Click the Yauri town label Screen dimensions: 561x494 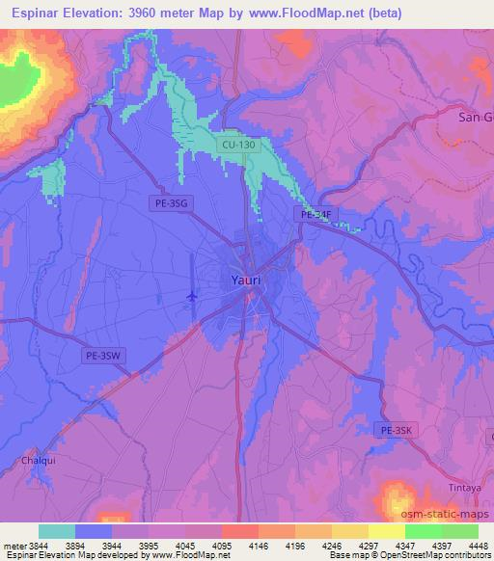pyautogui.click(x=246, y=280)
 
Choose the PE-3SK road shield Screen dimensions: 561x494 pyautogui.click(x=397, y=430)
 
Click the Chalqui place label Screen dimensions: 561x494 pyautogui.click(x=38, y=462)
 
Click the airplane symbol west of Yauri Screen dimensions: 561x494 pyautogui.click(x=192, y=295)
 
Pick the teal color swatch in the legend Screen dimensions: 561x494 pyautogui.click(x=57, y=531)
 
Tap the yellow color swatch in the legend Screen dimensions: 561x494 pyautogui.click(x=387, y=531)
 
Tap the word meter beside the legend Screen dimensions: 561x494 pyautogui.click(x=14, y=546)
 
